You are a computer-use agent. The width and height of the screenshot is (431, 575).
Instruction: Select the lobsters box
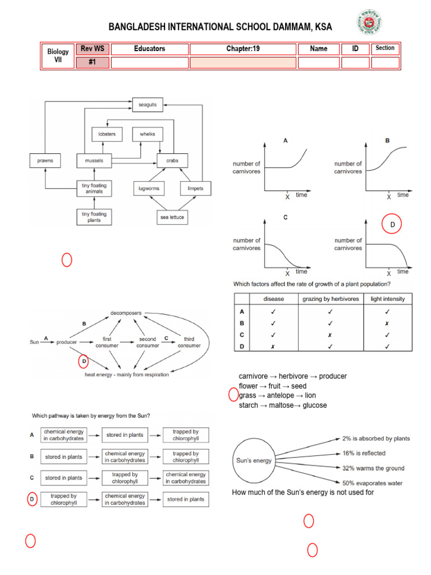click(x=107, y=134)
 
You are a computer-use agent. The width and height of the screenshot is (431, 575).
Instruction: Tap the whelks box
click(x=148, y=134)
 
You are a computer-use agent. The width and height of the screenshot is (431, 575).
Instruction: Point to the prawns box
click(x=45, y=161)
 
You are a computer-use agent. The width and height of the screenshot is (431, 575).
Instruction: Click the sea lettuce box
click(x=173, y=217)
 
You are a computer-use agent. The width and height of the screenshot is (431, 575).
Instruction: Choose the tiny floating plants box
click(x=94, y=217)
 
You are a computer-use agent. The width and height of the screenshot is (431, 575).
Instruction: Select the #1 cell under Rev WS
click(x=92, y=62)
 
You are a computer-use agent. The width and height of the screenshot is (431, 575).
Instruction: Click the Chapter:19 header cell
click(x=243, y=49)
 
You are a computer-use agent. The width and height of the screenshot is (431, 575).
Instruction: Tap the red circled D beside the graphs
click(x=392, y=224)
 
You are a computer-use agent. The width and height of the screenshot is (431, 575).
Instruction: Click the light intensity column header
click(x=387, y=299)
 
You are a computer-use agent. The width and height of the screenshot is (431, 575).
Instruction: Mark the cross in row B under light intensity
click(x=387, y=323)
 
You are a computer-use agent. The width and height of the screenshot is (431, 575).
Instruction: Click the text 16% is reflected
click(x=364, y=453)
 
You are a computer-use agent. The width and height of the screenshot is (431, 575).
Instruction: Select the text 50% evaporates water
click(x=372, y=483)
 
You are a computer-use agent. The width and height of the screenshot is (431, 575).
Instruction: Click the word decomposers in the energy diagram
click(x=126, y=312)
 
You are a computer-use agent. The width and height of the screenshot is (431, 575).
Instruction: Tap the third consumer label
click(x=189, y=342)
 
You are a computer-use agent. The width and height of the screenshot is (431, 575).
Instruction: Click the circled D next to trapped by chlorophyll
click(x=32, y=499)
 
